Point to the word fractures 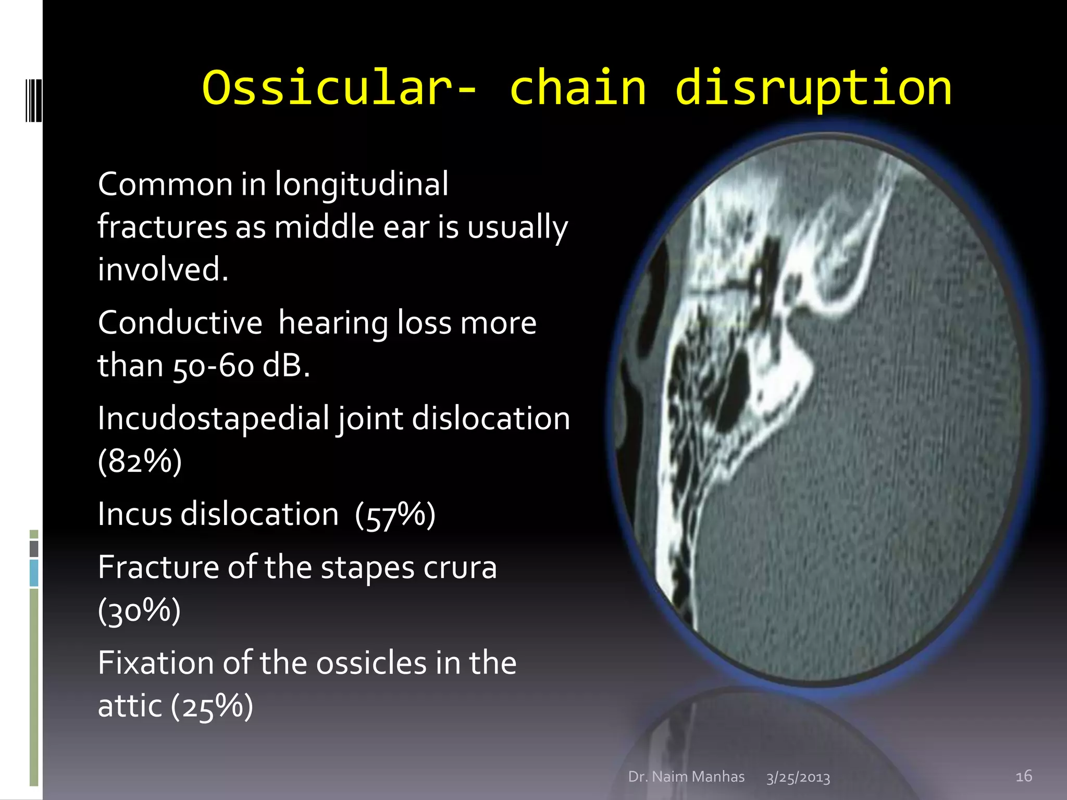162,228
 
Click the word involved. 163,270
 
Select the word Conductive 180,323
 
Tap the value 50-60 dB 241,366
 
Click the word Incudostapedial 214,419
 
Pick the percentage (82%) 140,461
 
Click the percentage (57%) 395,515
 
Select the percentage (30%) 139,610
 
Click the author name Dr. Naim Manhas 686,777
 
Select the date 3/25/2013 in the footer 798,778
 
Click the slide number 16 1023,776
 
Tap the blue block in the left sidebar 34,573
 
